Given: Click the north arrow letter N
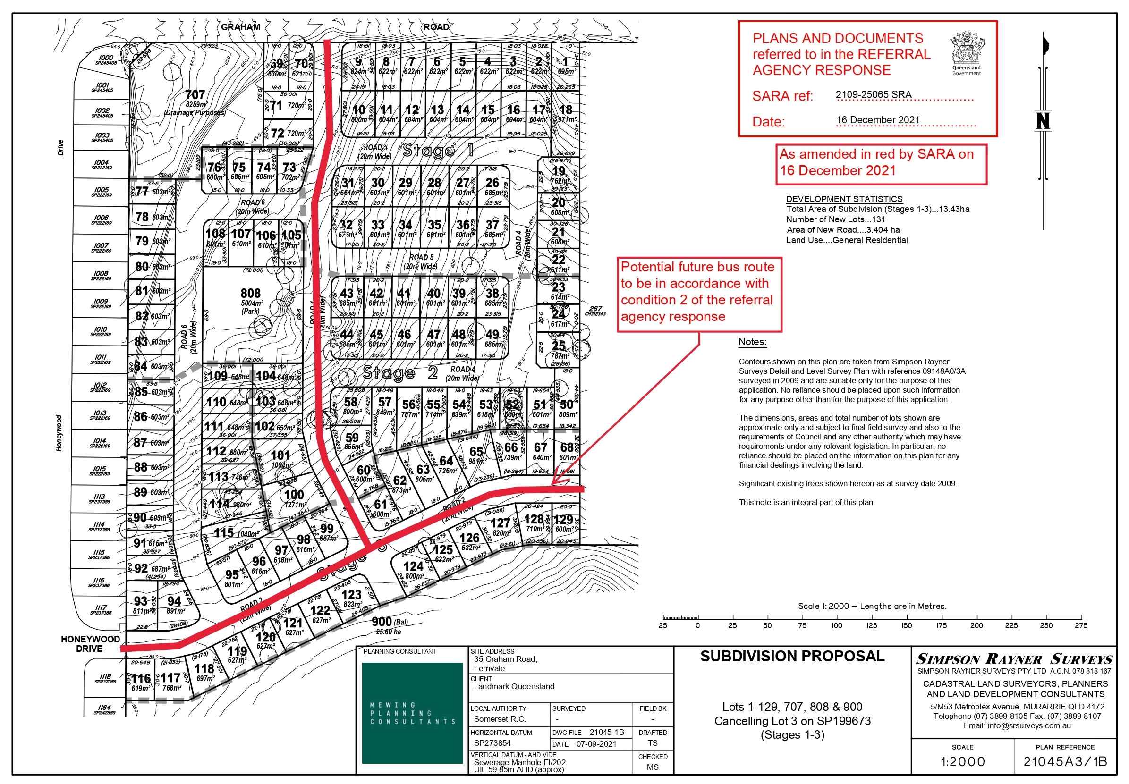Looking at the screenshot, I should (x=1042, y=120).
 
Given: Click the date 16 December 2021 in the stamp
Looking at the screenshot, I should (x=877, y=120).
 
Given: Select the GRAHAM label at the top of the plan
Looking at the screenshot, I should (x=240, y=27).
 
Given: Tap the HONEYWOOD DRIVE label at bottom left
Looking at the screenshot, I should (x=90, y=643).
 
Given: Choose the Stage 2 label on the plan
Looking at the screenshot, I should (x=400, y=373).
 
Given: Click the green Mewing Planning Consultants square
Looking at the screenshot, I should (x=412, y=713).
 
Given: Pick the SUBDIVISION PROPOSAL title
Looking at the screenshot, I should (x=792, y=656).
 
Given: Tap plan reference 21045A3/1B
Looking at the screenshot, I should (x=1065, y=762).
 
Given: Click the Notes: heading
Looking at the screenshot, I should (x=752, y=342).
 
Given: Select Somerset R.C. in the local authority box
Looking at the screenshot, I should (x=499, y=719).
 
